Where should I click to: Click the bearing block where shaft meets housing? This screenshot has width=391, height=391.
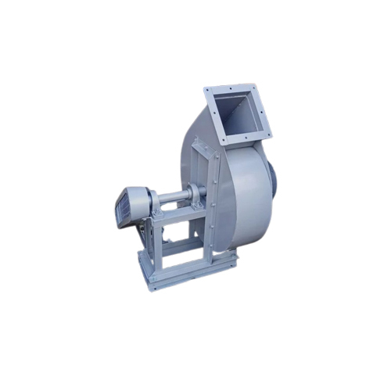tap(199, 191)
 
